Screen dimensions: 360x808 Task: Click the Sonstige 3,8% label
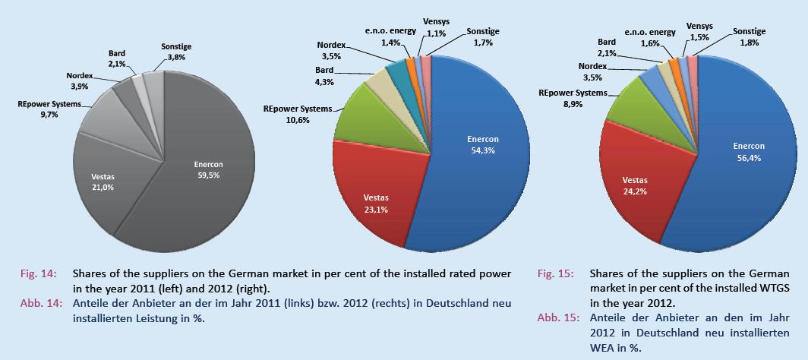click(x=176, y=51)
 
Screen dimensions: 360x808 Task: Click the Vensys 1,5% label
click(x=699, y=31)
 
